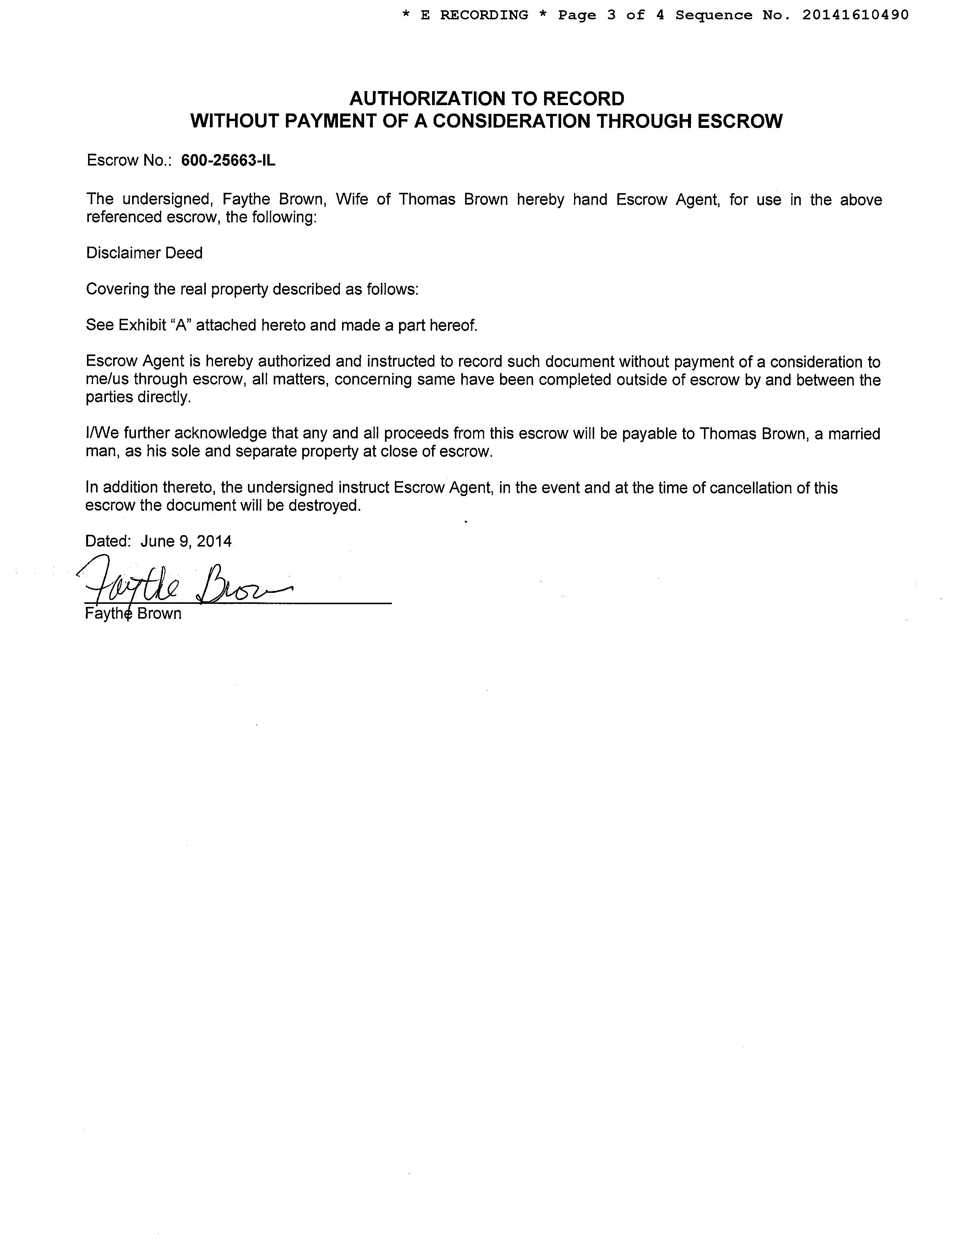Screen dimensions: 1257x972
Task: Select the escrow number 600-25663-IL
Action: pos(228,161)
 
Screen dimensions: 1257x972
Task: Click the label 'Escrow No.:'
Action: pos(129,161)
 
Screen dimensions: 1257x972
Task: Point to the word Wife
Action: pos(352,200)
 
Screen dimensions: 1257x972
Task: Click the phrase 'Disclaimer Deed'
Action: pos(144,253)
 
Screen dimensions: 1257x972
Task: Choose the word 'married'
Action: pos(854,433)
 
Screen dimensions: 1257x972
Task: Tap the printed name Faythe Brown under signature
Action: pos(133,614)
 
